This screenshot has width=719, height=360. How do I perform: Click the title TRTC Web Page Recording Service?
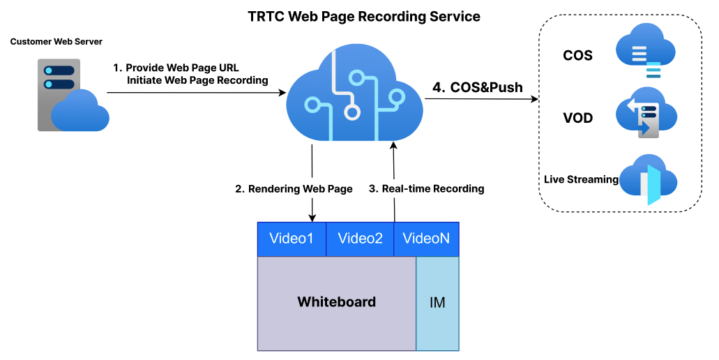coord(364,16)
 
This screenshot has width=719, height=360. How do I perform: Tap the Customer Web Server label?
coord(56,42)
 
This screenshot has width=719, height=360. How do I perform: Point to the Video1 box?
coord(292,239)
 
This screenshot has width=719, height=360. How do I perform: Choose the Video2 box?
coord(360,239)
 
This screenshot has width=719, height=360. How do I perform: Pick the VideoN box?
coord(427,239)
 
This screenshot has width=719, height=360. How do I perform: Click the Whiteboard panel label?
coord(336,302)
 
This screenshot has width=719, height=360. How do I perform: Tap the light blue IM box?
coord(437,303)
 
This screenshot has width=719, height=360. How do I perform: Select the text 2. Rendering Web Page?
coord(294,189)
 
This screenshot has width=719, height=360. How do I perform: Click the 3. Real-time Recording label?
coord(426,189)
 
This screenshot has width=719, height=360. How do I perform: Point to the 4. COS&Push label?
coord(477,88)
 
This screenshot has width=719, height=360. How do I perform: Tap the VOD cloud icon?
coord(646,114)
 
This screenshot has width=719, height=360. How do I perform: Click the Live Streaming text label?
coord(581,179)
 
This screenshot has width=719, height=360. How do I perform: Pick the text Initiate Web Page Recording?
coord(197,80)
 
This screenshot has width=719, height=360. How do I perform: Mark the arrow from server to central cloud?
coord(195,91)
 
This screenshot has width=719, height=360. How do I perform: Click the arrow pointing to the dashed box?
coord(481,99)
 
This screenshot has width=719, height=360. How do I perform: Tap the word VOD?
coord(577,118)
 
